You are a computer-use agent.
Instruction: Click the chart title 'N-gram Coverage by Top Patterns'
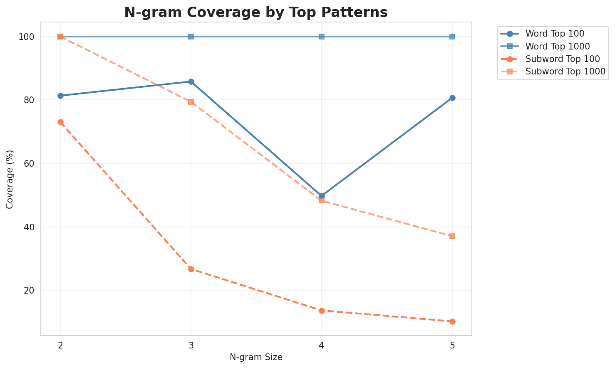[256, 12]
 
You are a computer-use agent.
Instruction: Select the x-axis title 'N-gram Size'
[256, 357]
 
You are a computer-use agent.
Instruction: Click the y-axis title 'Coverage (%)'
[10, 179]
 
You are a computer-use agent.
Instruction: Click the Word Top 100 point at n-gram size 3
[191, 82]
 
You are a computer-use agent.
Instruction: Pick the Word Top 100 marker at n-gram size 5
[452, 98]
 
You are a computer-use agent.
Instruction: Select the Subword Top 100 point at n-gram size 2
[60, 122]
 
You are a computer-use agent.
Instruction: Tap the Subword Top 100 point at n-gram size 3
[191, 269]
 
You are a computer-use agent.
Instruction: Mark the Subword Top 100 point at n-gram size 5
[452, 321]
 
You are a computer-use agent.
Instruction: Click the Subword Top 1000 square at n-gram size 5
[452, 236]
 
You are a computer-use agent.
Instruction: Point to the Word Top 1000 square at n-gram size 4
[322, 37]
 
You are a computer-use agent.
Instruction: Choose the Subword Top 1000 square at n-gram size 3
[191, 101]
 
